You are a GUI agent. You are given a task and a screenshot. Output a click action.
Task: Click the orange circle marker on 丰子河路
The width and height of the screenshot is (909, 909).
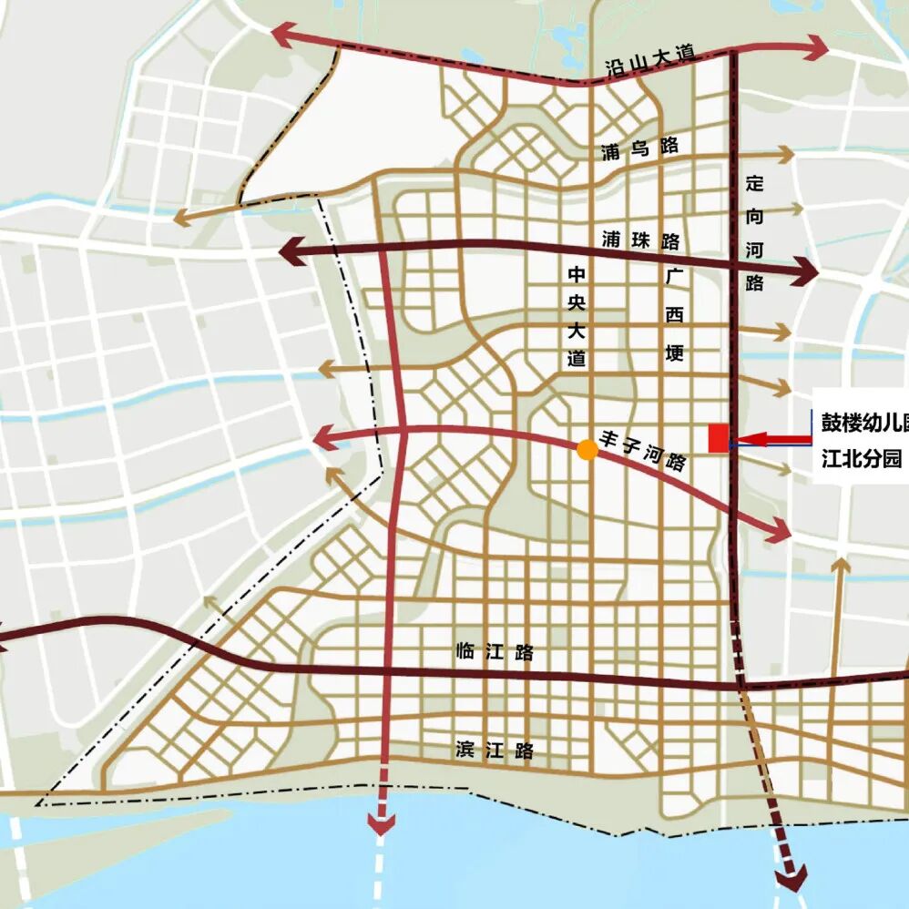point(587,449)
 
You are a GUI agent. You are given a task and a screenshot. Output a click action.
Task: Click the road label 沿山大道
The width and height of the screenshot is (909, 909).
point(649,62)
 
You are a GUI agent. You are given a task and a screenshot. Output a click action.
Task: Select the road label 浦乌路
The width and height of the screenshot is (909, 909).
point(639,149)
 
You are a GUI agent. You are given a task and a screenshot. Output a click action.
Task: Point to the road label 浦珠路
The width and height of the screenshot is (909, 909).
point(641,240)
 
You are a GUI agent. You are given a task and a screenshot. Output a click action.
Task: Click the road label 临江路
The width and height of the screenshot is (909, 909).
point(495,652)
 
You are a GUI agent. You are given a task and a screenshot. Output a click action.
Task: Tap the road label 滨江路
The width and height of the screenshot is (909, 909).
point(495,751)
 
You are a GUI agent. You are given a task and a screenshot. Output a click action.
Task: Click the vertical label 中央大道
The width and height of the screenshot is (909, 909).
point(576,316)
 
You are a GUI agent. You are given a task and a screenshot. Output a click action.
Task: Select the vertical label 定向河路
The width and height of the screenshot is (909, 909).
point(753,232)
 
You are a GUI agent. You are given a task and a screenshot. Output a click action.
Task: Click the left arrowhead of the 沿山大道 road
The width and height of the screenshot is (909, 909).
point(284,36)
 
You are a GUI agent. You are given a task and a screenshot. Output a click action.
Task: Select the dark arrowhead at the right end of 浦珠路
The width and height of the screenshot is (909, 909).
point(804,271)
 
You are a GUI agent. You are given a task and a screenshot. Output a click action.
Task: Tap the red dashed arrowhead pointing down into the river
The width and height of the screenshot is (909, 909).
point(381,822)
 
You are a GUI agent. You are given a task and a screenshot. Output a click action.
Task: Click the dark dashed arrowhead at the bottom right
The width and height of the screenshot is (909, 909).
point(792,878)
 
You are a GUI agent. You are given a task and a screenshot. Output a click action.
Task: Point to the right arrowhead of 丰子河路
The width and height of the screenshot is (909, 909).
point(779,529)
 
